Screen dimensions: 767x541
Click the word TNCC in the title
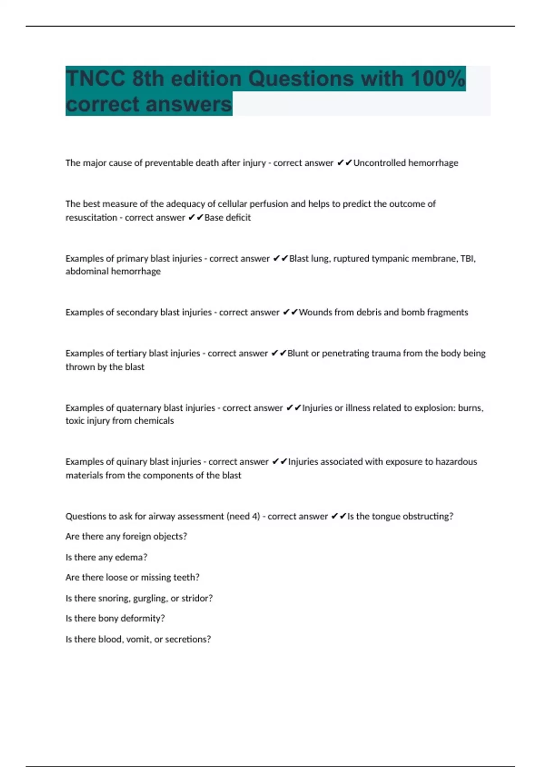click(x=95, y=79)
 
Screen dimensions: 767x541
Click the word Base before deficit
click(x=214, y=217)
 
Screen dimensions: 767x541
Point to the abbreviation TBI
click(x=468, y=259)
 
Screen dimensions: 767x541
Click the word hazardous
click(x=456, y=462)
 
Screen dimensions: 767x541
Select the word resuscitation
click(x=92, y=217)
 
